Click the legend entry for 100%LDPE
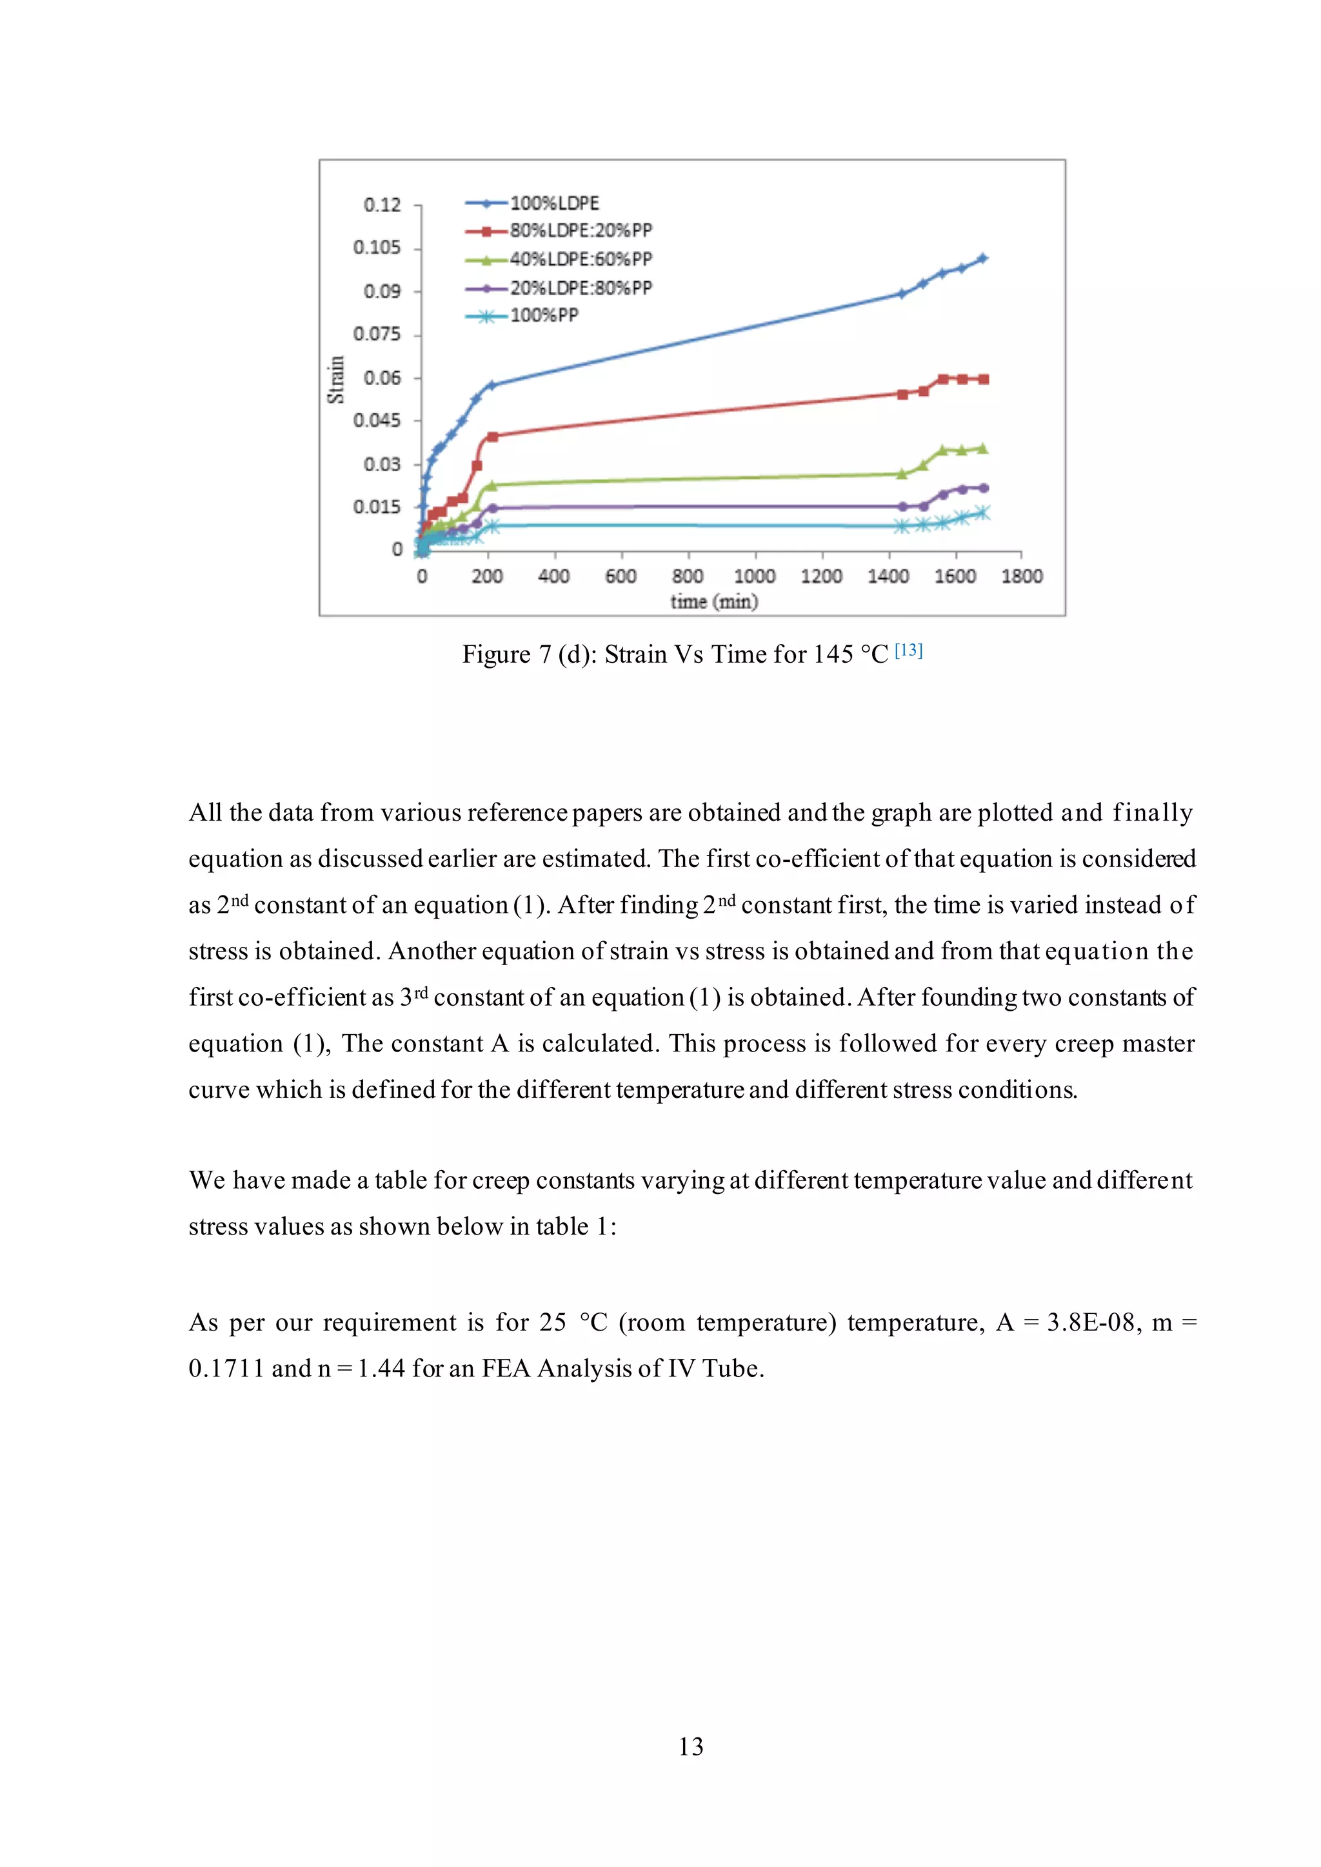(x=554, y=203)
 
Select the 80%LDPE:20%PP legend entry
(x=580, y=231)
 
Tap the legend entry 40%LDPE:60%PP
(x=580, y=259)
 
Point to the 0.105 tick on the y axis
(x=377, y=247)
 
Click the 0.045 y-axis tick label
(x=377, y=420)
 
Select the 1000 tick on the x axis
(x=754, y=576)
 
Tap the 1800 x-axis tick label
(x=1022, y=576)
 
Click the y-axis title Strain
(x=335, y=380)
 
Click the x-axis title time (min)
(x=714, y=601)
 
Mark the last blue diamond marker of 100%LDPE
(x=982, y=259)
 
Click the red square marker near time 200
(x=492, y=436)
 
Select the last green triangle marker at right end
(x=982, y=448)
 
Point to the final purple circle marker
(x=984, y=488)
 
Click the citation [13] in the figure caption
(x=909, y=650)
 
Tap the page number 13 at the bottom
(x=691, y=1746)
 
